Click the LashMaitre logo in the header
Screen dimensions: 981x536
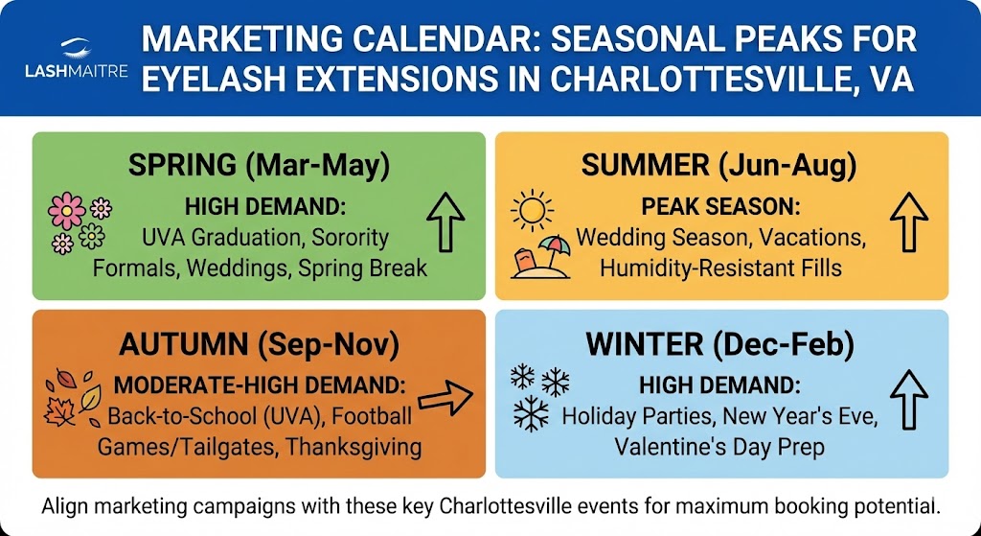77,58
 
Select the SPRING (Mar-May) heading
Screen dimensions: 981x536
259,165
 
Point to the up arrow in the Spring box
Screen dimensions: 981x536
445,222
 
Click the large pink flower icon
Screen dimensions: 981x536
66,210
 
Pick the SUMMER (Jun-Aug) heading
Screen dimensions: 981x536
719,165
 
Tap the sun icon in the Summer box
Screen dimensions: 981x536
532,210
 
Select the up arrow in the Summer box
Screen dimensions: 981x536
908,222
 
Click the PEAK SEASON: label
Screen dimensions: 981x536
721,207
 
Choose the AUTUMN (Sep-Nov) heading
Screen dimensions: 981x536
259,346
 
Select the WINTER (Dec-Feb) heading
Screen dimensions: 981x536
720,346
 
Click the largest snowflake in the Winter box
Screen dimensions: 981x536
531,413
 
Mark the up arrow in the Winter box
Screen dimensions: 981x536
908,400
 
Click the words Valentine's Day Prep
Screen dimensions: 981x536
719,447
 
